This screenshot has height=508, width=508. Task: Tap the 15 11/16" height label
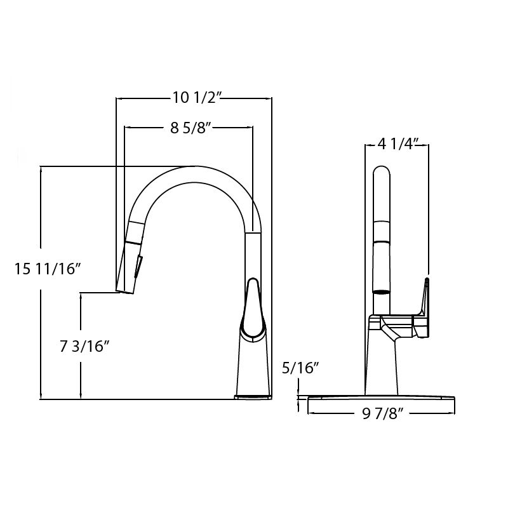click(48, 269)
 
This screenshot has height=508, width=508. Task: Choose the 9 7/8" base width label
click(382, 414)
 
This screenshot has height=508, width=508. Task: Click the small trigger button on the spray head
click(140, 265)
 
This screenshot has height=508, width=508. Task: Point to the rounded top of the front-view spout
click(382, 173)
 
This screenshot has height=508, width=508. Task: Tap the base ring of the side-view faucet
click(253, 397)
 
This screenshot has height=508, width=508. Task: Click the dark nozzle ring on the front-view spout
click(382, 291)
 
